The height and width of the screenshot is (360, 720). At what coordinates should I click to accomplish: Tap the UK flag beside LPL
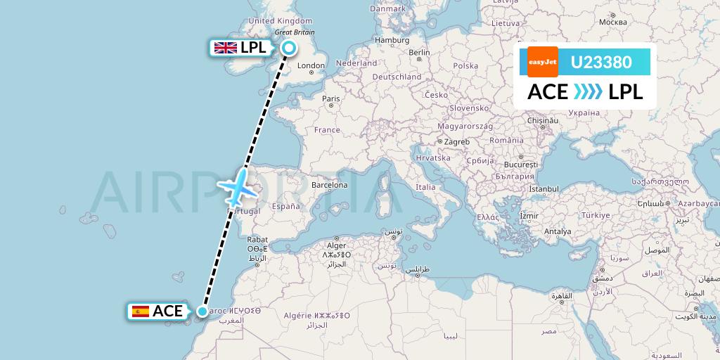tap(226, 48)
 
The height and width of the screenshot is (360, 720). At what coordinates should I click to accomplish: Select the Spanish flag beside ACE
tap(141, 311)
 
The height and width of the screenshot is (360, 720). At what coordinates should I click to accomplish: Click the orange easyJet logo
tap(543, 62)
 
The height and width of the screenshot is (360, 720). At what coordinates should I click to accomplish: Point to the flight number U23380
tap(600, 63)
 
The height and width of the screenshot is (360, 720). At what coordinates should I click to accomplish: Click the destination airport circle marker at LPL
tap(289, 48)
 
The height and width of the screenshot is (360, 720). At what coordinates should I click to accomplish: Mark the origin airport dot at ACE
tap(202, 311)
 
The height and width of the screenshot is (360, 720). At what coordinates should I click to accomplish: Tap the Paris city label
tap(330, 99)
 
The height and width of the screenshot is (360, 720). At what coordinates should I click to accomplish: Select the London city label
tap(311, 66)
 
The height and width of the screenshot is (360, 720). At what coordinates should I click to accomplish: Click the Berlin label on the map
tap(419, 53)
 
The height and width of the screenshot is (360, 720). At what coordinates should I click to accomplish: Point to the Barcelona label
tap(330, 186)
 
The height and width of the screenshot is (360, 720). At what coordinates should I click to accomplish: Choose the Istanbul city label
tap(544, 189)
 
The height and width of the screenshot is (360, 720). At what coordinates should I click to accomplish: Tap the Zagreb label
tap(457, 141)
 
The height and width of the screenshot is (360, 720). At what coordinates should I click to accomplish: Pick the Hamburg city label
tap(392, 40)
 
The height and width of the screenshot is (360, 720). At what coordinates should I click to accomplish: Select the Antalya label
tap(558, 231)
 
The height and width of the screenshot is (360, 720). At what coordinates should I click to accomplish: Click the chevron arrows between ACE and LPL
tap(588, 92)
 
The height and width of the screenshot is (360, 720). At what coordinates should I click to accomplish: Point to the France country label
tap(327, 130)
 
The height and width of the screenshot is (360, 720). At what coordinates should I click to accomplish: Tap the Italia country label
tap(425, 187)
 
